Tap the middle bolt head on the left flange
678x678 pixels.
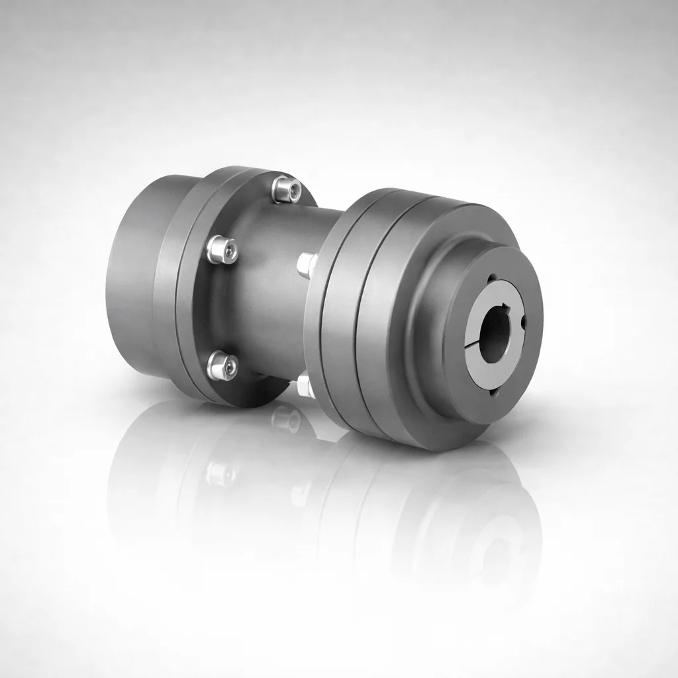(221, 250)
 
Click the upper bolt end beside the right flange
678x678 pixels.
(307, 264)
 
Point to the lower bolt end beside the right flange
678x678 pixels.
(305, 386)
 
